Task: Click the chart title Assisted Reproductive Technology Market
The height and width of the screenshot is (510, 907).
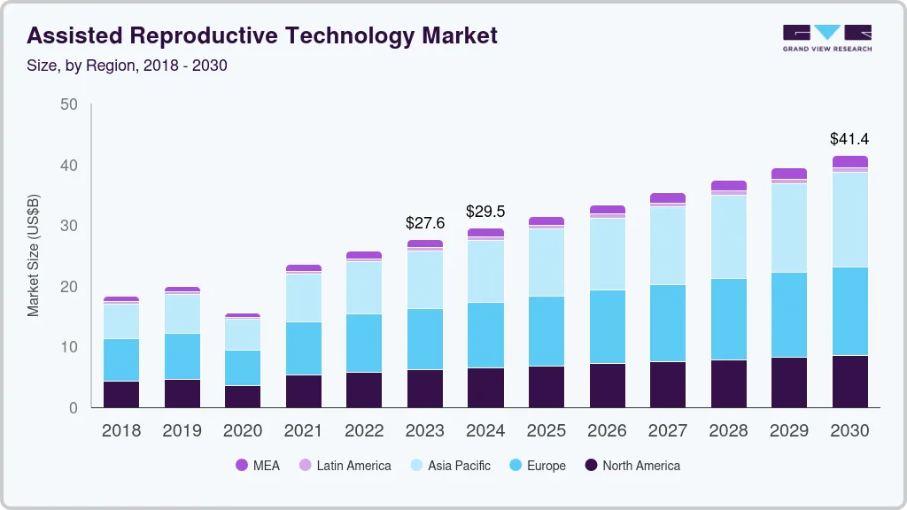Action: (x=262, y=35)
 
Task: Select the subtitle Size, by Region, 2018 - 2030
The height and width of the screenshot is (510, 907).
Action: (x=127, y=66)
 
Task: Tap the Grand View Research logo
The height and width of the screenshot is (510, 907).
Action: (x=826, y=37)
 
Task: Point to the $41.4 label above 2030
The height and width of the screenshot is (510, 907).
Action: (x=849, y=139)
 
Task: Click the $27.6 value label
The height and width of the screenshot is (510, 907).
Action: (x=425, y=223)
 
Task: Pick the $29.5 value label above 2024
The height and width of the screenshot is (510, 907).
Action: (x=485, y=212)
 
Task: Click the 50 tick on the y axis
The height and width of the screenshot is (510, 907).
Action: (x=68, y=105)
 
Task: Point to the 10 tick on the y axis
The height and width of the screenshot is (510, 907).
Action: (x=68, y=347)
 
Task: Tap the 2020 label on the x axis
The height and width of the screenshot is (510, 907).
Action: (x=243, y=431)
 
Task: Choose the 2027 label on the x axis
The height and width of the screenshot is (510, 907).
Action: (x=667, y=431)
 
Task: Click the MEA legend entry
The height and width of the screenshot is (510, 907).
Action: (x=258, y=465)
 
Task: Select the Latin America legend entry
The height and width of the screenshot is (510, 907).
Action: (x=345, y=465)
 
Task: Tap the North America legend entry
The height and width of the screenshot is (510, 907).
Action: (x=632, y=465)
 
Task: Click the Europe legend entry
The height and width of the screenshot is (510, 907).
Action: (x=537, y=465)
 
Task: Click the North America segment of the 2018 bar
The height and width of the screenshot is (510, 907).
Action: (x=121, y=394)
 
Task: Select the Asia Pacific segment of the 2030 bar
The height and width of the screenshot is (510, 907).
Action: (x=849, y=220)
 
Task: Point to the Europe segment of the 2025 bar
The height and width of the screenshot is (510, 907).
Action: (x=547, y=331)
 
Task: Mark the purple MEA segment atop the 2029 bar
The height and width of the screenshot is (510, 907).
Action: (x=788, y=174)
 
